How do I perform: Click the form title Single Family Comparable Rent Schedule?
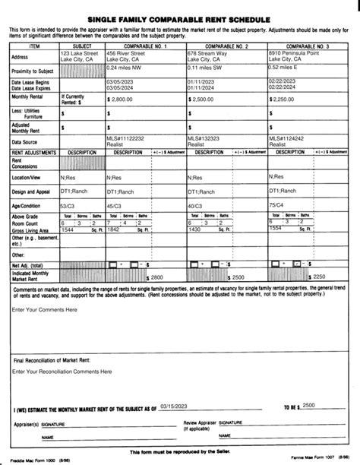[180, 15]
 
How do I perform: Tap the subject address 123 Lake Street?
[79, 53]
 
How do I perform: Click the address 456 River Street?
[126, 53]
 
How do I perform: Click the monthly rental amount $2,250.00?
[291, 99]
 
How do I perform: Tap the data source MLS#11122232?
[126, 138]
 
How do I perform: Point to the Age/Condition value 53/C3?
[67, 206]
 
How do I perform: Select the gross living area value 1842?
[114, 229]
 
